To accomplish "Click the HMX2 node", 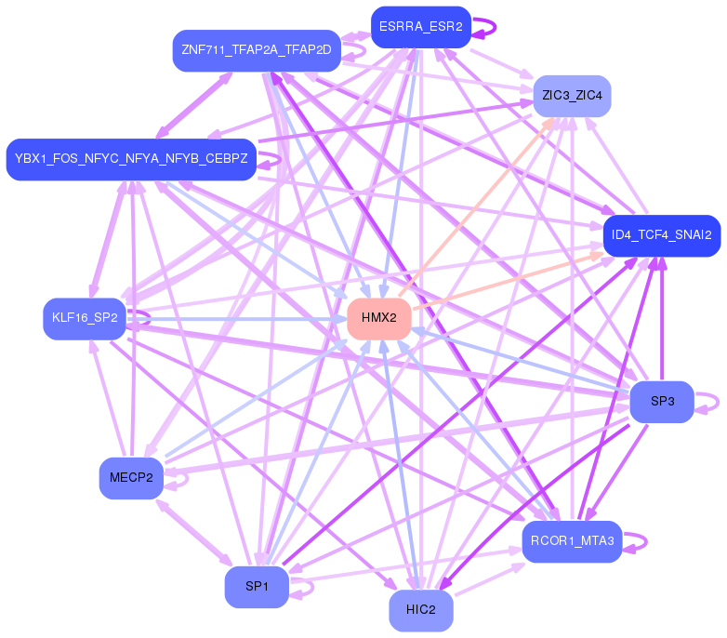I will click(x=378, y=318).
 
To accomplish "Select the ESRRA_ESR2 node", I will click(x=420, y=26).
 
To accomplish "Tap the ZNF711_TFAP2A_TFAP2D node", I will click(x=257, y=49).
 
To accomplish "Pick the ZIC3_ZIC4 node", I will click(x=572, y=96).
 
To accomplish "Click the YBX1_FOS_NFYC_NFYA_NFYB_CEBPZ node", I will click(x=131, y=159).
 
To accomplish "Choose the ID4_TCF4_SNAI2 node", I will click(x=662, y=235).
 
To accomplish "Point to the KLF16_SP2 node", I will click(x=85, y=318).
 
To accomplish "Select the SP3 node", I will click(x=662, y=402).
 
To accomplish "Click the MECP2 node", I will click(x=131, y=478).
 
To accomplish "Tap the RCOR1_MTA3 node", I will click(x=572, y=541).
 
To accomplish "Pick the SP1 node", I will click(x=257, y=587).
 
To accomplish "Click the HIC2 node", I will click(x=420, y=610).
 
